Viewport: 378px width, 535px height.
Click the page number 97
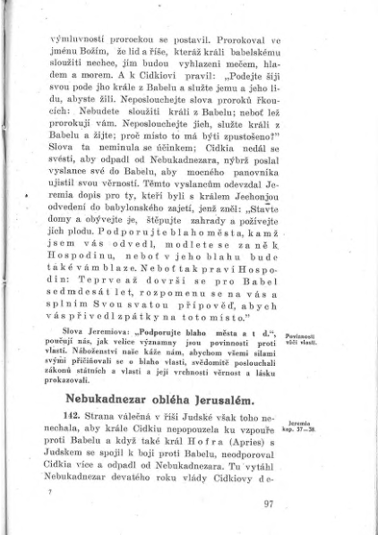[268, 502]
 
